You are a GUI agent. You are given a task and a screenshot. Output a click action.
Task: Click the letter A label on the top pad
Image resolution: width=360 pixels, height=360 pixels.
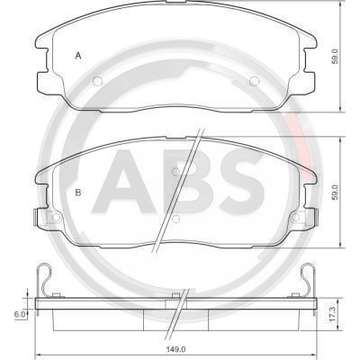[x=78, y=56]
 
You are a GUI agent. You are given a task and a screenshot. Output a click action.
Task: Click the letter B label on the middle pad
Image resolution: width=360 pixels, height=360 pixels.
[x=78, y=192]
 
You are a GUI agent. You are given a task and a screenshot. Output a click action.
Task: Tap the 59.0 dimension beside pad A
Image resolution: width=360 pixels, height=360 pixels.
[x=336, y=57]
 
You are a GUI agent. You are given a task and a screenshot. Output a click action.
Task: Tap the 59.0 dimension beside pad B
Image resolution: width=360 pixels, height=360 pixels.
[x=336, y=193]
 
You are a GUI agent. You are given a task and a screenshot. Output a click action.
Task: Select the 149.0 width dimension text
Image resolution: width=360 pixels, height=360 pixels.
[x=176, y=349]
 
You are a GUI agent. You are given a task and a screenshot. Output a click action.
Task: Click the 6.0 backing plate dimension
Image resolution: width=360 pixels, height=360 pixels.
[x=20, y=314]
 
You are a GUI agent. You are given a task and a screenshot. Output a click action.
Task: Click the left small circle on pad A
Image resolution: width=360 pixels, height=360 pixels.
[x=98, y=81]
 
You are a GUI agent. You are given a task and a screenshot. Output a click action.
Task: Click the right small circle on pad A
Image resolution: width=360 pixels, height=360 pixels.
[x=254, y=81]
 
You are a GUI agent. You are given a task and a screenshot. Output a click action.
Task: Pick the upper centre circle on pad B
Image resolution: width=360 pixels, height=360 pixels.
[x=176, y=171]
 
